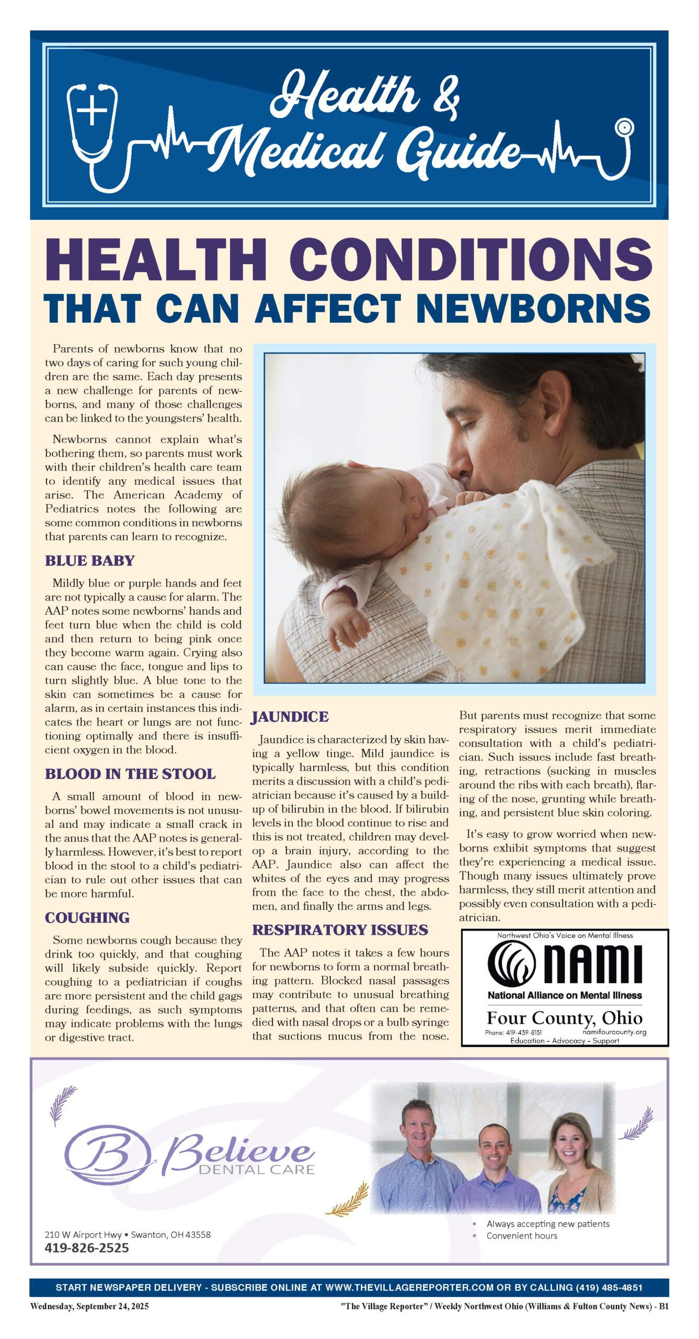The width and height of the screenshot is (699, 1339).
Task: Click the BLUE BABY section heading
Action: (x=89, y=561)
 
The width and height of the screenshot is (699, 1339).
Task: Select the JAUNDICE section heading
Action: (x=290, y=717)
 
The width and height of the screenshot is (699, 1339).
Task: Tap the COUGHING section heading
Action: (x=87, y=917)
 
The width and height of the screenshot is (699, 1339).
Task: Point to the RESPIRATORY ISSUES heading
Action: (x=340, y=929)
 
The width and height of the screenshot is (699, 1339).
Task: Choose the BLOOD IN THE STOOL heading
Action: (x=130, y=774)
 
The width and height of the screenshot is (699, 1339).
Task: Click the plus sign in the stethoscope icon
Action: (x=91, y=111)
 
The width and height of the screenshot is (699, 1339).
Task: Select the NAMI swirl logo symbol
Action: (x=511, y=963)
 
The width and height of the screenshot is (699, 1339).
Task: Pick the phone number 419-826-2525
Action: (x=87, y=1247)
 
